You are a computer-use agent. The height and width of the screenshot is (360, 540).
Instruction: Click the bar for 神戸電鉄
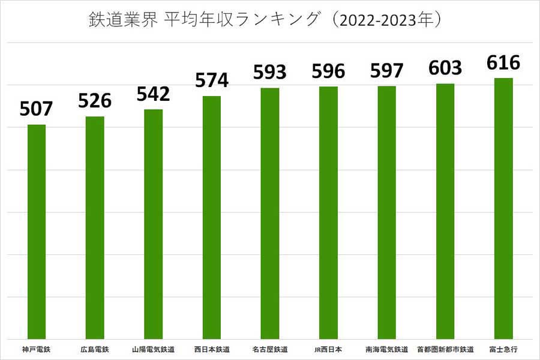(37, 232)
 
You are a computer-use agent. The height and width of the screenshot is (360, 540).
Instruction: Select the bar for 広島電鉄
(95, 227)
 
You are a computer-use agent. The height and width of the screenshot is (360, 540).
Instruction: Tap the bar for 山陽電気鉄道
(154, 224)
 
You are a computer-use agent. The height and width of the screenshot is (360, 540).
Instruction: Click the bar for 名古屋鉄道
(270, 213)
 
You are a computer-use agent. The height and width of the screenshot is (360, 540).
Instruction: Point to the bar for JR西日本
(328, 212)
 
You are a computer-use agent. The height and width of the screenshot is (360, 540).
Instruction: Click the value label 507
(37, 109)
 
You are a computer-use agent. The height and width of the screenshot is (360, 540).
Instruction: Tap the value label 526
(95, 100)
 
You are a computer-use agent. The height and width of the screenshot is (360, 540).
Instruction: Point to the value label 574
(212, 80)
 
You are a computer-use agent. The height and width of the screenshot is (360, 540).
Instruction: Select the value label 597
(387, 70)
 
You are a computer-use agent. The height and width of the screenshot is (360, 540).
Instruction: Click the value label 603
(445, 68)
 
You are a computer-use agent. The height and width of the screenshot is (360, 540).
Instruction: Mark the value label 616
(503, 62)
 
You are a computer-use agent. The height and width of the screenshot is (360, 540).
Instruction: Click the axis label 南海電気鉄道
(387, 349)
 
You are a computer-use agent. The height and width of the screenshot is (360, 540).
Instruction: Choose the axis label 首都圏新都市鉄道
(445, 349)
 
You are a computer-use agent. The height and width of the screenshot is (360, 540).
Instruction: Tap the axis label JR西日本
(328, 349)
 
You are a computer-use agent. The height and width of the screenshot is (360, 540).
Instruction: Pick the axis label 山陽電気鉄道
(154, 349)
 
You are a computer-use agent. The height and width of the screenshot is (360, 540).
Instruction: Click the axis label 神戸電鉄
(37, 349)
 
